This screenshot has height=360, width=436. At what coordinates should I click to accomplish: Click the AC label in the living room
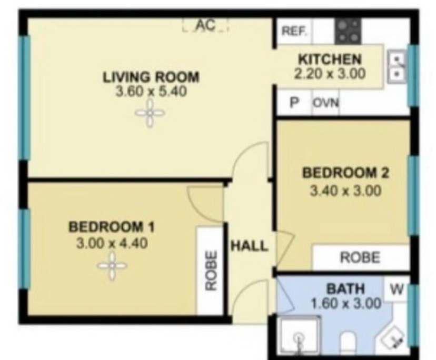(206, 25)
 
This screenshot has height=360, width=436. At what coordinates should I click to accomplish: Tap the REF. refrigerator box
(294, 31)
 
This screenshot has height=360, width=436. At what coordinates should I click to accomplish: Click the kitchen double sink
(397, 67)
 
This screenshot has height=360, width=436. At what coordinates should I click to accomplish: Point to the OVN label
(326, 103)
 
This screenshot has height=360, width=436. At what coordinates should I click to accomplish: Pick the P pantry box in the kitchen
(295, 103)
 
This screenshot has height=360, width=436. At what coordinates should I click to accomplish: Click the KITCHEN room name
(330, 59)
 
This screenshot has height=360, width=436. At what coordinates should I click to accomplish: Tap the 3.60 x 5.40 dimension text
(151, 92)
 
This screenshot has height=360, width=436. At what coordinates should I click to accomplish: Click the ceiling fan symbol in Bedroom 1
(112, 266)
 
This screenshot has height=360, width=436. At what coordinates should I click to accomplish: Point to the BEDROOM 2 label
(346, 172)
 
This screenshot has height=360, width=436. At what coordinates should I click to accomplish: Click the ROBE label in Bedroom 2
(360, 257)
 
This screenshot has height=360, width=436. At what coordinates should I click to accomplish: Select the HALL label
(249, 246)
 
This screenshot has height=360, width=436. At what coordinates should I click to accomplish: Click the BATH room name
(345, 289)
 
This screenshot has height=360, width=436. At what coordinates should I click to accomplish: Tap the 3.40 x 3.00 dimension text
(346, 190)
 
